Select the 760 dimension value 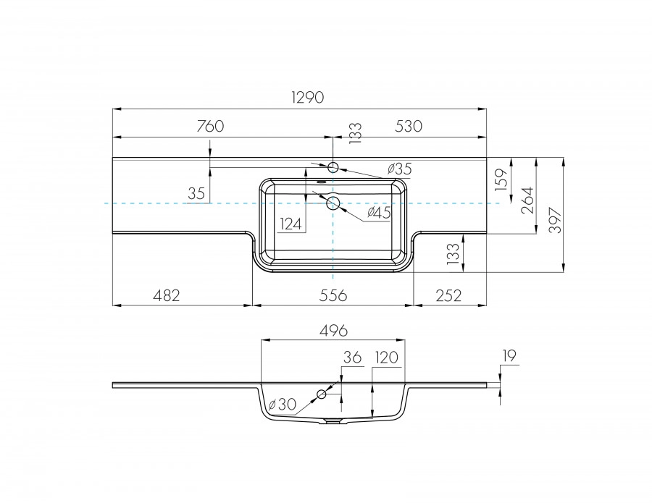point(210,126)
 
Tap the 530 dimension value point(408,126)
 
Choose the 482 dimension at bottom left point(166,295)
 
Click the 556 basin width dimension point(333,295)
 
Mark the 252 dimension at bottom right point(449,295)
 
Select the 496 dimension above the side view point(333,330)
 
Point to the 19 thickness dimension point(508,355)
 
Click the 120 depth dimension point(386,358)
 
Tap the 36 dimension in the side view point(351,358)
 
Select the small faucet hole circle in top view point(333,168)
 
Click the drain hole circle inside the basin point(333,203)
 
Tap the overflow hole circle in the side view point(322,394)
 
